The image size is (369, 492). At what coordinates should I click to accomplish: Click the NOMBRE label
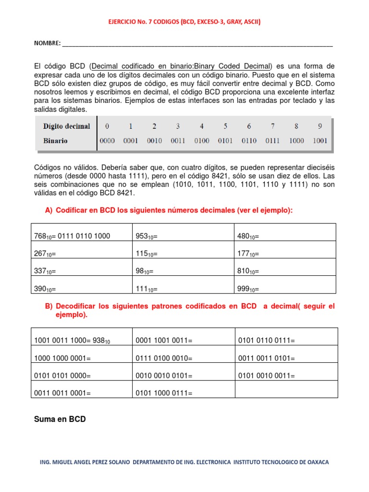[x=47, y=43]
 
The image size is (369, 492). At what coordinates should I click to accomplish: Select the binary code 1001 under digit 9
[x=320, y=141]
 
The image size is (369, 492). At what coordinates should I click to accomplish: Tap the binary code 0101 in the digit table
[x=225, y=141]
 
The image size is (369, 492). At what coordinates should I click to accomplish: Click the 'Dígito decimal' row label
[x=66, y=126]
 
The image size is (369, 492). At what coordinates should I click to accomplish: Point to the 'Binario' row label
[x=55, y=141]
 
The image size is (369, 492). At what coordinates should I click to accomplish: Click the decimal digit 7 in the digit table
[x=272, y=126]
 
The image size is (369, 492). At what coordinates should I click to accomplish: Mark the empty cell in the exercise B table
[x=286, y=389]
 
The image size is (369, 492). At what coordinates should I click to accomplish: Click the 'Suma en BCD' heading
[x=60, y=419]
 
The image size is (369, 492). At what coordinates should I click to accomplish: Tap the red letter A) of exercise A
[x=48, y=210]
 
